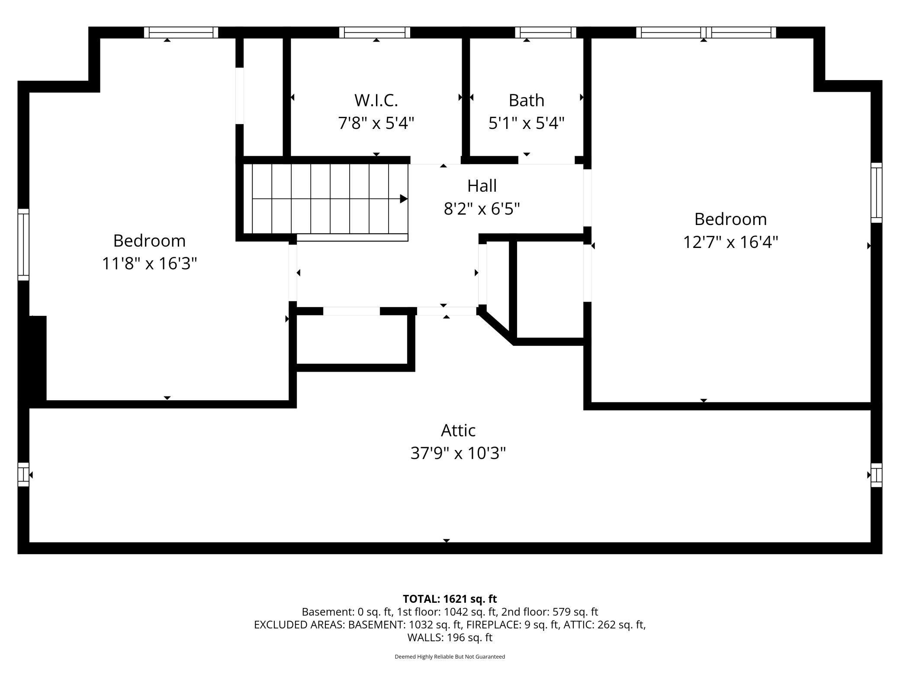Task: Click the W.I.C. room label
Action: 376,100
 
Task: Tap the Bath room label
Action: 526,100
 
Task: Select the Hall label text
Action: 482,186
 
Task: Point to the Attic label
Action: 458,431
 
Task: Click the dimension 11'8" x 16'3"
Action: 149,263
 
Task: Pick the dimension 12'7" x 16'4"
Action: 730,242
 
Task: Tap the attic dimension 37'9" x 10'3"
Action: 458,453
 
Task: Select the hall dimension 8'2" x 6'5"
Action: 482,209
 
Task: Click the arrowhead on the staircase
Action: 404,199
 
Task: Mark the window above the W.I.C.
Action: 375,32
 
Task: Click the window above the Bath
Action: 546,32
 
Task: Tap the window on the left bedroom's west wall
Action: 23,244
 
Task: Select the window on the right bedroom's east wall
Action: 876,193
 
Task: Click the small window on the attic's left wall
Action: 23,474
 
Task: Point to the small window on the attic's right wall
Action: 876,475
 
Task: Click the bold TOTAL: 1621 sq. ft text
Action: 450,599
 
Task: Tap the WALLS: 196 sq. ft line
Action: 450,637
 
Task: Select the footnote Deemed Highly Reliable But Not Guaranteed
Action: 450,657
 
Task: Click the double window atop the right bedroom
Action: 706,32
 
